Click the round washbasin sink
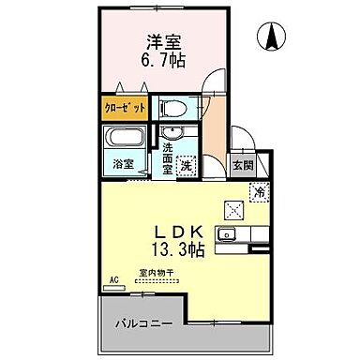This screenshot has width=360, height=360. tap(171, 132)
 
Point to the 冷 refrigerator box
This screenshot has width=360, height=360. tap(258, 192)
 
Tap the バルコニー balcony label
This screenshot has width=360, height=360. tap(142, 323)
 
